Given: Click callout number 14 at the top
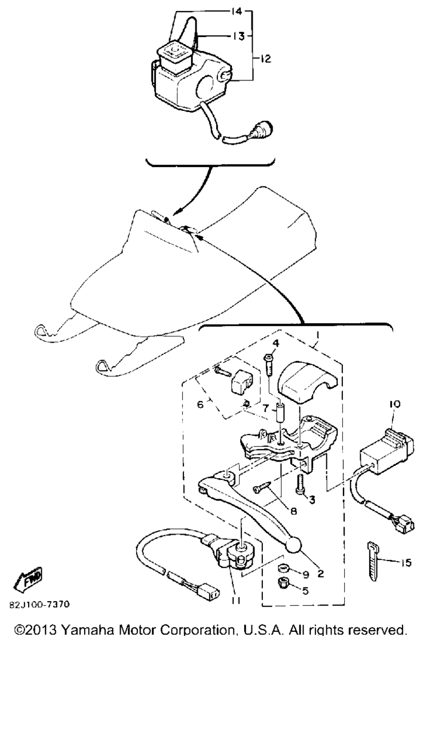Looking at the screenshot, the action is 236,12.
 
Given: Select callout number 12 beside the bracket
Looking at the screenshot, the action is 266,59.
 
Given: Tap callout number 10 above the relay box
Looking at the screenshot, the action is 394,404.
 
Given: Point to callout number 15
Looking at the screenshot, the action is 406,563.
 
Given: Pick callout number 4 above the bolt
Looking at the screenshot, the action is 276,344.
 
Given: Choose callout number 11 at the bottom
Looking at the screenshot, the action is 236,600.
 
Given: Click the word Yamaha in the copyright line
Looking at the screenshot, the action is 87,630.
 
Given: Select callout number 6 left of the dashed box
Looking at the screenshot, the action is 200,404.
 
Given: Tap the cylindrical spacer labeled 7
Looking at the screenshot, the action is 281,413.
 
